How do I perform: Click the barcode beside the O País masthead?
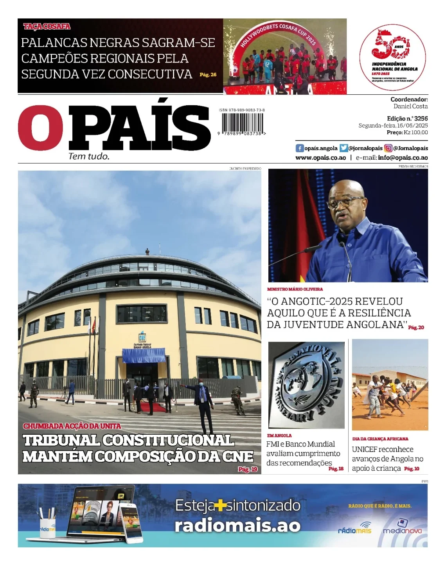click(242, 124)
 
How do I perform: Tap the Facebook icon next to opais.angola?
click(300, 148)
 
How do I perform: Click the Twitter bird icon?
click(343, 148)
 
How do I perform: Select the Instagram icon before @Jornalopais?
click(388, 148)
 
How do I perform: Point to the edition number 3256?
click(421, 118)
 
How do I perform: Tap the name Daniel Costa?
click(410, 106)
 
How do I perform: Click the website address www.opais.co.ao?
click(320, 158)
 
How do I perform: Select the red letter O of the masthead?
click(40, 128)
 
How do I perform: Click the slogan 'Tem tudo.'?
click(89, 157)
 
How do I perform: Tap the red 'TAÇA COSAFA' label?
click(47, 27)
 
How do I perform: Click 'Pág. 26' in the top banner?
click(208, 74)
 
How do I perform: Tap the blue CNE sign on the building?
click(142, 337)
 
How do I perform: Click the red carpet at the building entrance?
click(153, 407)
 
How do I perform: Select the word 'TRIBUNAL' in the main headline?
click(62, 441)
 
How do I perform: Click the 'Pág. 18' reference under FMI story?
click(336, 469)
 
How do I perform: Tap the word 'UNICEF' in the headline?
click(363, 450)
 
